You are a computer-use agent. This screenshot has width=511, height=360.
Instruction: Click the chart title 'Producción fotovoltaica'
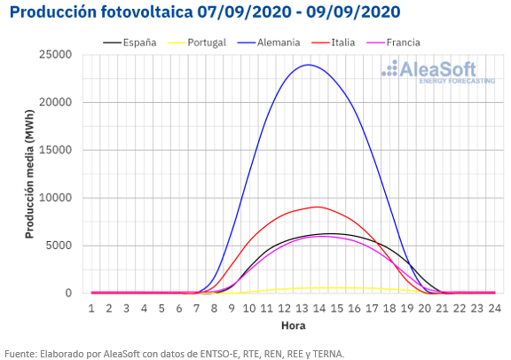[101, 12]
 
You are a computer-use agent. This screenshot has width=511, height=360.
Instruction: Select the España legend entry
[130, 43]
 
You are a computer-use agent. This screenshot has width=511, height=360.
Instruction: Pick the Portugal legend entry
[197, 43]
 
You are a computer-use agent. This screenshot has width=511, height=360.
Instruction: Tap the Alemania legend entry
[269, 43]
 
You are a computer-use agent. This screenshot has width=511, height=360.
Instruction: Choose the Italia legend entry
[333, 43]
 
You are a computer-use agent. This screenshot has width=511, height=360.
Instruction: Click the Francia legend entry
[393, 43]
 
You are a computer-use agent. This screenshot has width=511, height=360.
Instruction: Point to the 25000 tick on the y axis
[55, 54]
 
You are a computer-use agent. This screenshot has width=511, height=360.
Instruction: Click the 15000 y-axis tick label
[55, 150]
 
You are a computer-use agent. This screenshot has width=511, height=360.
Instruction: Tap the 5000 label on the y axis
[59, 246]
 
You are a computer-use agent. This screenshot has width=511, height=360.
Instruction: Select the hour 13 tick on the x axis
[302, 309]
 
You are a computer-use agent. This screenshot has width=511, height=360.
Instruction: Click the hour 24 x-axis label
[494, 309]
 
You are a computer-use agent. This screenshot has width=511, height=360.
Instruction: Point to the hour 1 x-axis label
[91, 309]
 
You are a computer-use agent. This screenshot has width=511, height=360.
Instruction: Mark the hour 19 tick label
[407, 309]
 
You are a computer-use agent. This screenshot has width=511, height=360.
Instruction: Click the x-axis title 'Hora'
[294, 325]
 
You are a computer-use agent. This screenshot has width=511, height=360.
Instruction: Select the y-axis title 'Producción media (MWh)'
[29, 175]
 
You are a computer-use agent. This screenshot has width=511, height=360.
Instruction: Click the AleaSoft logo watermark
[438, 72]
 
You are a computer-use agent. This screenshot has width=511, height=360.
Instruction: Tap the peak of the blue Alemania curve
[309, 65]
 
